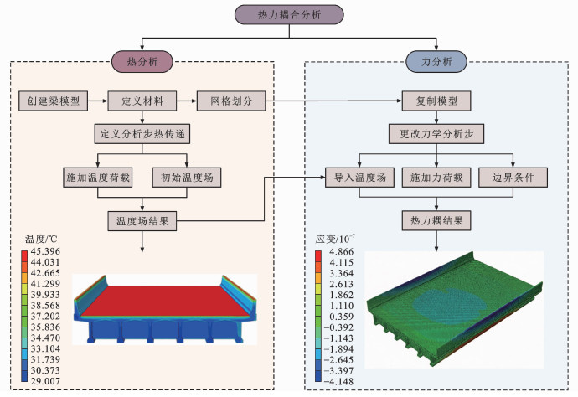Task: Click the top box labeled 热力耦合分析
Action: click(x=289, y=15)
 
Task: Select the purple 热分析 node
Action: click(x=142, y=61)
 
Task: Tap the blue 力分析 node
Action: click(x=436, y=61)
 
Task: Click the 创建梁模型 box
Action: click(x=53, y=101)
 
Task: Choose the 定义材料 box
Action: click(x=142, y=101)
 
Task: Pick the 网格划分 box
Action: click(x=231, y=101)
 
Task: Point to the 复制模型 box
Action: click(x=436, y=101)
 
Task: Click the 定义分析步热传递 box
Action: click(x=142, y=133)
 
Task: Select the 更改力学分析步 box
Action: click(x=436, y=133)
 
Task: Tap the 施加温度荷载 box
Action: click(x=98, y=178)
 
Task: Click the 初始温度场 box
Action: click(x=187, y=178)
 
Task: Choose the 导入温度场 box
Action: click(x=359, y=178)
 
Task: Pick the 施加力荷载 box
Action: click(x=436, y=178)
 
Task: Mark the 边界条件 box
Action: click(x=513, y=178)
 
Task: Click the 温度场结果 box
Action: click(x=142, y=221)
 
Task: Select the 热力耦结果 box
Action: click(x=436, y=220)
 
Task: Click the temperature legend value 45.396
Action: click(x=45, y=251)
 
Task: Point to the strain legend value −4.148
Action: click(x=338, y=382)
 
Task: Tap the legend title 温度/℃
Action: click(x=41, y=239)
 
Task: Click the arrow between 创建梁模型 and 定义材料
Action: click(x=98, y=101)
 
